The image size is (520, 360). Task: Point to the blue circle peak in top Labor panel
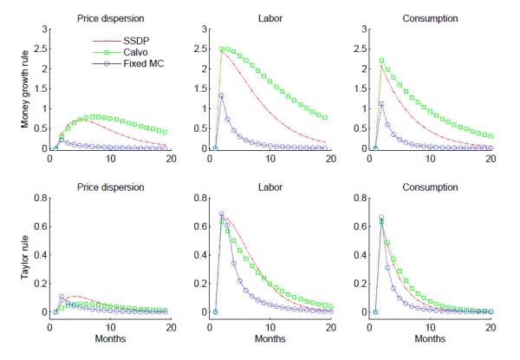pyautogui.click(x=221, y=95)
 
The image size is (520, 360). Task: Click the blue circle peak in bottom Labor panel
pyautogui.click(x=221, y=214)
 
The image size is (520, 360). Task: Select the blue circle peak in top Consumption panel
pyautogui.click(x=381, y=104)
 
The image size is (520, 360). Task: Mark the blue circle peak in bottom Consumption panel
pyautogui.click(x=381, y=218)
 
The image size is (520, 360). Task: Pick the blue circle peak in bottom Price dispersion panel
pyautogui.click(x=62, y=296)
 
